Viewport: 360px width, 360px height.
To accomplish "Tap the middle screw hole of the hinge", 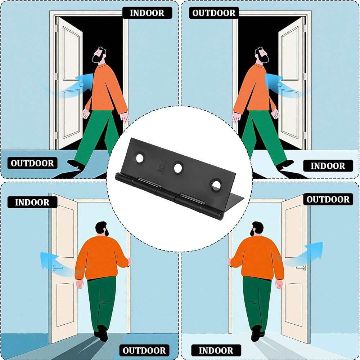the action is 178,168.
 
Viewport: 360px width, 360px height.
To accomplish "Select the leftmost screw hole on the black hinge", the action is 140,158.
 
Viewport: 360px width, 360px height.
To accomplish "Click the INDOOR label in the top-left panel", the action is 147,13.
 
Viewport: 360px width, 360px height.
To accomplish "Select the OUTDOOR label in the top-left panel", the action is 32,163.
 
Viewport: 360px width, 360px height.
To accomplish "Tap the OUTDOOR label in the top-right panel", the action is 214,13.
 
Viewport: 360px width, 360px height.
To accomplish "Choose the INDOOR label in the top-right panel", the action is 328,166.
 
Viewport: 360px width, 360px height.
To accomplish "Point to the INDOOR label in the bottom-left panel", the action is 32,202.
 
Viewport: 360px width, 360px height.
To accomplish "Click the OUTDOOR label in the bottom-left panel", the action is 144,351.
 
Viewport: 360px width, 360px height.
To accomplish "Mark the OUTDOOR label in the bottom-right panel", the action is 328,199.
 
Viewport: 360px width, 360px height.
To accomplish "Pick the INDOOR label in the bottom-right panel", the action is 216,351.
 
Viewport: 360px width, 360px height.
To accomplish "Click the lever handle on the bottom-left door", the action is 57,268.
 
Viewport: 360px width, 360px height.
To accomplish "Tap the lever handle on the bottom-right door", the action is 301,268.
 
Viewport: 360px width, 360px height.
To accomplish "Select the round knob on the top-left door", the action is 81,85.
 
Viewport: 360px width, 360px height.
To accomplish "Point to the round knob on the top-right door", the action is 279,85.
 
